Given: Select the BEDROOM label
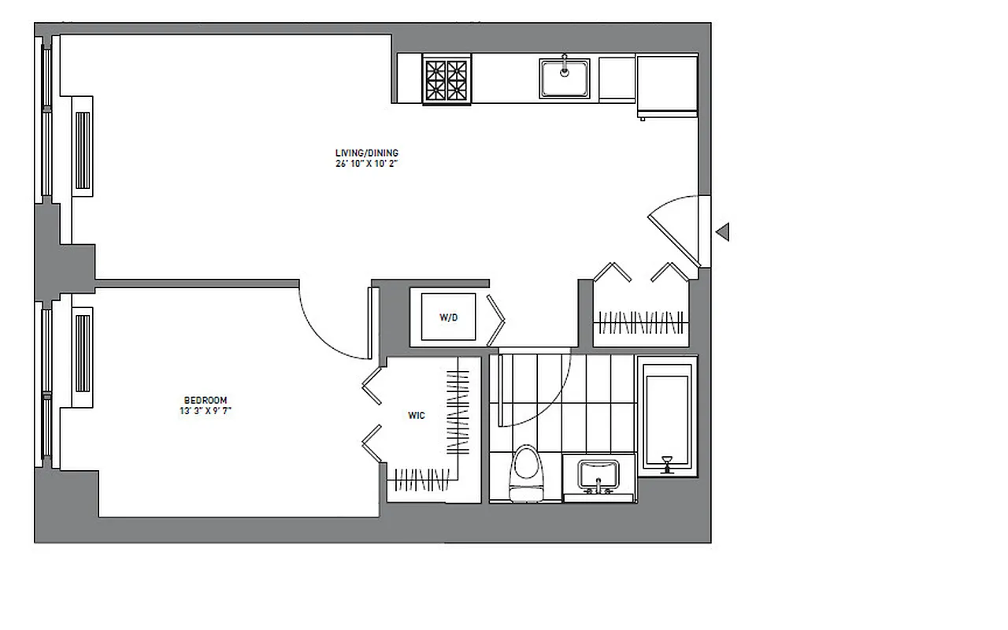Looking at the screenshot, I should tap(205, 399).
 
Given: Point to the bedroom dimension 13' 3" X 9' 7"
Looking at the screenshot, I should tap(205, 410).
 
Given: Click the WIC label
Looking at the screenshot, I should tap(417, 415).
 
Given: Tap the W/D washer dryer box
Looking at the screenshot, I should tap(448, 317).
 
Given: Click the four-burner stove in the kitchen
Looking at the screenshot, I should tap(446, 79).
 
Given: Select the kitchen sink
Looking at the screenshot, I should tap(565, 78).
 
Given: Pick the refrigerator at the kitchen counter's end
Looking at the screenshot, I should tap(667, 85).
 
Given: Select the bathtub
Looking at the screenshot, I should tap(667, 417).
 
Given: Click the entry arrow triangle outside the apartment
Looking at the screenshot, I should tap(722, 232).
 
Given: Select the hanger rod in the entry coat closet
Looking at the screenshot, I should tap(639, 322).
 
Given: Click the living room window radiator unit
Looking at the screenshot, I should tap(83, 150).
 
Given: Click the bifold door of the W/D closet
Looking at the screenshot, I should tap(497, 319).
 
